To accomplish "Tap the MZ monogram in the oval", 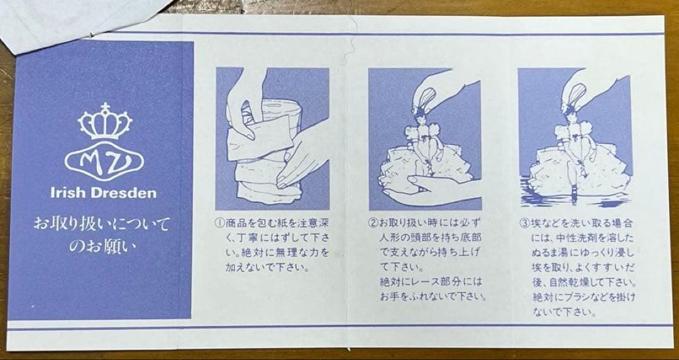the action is (x=104, y=161).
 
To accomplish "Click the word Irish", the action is (x=66, y=192).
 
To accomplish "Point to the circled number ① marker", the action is (x=219, y=224).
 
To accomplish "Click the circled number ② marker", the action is (x=373, y=223).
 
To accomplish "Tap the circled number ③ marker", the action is (x=524, y=223).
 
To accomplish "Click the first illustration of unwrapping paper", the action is (x=272, y=138).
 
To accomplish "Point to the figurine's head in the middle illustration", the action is (x=419, y=113).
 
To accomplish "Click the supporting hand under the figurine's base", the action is (x=429, y=190).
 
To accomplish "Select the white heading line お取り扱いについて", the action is (x=101, y=225).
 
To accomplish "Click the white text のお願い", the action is (x=102, y=246).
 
